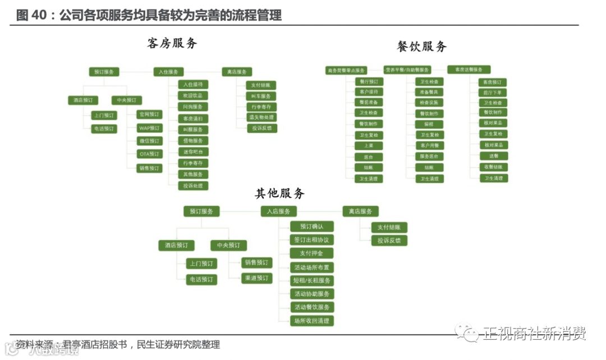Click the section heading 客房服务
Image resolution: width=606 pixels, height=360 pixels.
172,43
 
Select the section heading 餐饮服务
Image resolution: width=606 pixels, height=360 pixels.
421,47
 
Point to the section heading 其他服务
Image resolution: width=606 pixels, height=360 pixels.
280,193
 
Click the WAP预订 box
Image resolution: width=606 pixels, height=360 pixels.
150,128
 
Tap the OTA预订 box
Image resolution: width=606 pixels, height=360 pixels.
150,154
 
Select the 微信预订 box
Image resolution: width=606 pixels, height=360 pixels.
150,141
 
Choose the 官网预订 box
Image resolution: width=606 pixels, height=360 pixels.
150,114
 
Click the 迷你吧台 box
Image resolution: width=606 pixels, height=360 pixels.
193,151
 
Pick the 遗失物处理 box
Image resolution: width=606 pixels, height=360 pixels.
261,117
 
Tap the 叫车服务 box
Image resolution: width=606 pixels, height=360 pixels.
261,96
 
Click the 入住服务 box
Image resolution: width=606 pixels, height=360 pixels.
169,72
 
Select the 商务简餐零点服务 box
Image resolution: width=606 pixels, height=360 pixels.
346,71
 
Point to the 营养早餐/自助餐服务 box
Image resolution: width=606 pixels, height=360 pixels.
407,70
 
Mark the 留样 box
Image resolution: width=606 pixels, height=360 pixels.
429,124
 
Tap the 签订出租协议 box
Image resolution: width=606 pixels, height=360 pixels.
312,239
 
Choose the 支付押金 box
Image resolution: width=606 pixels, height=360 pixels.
312,253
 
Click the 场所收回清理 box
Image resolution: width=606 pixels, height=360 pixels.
312,321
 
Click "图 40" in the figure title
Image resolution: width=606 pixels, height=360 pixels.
30,16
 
